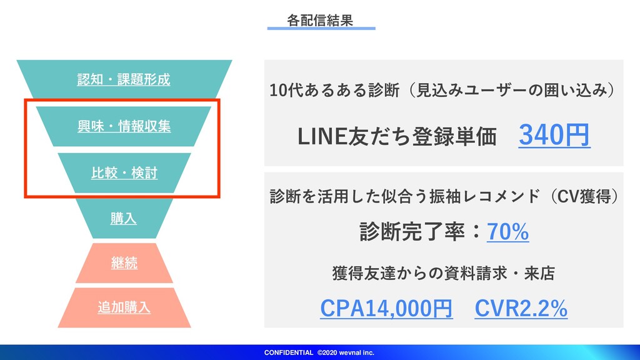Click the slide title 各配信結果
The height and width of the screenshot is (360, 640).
[320, 20]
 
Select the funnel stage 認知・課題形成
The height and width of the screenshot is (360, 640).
[124, 79]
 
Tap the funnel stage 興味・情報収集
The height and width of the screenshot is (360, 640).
[124, 126]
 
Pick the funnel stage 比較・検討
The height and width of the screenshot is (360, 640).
[124, 172]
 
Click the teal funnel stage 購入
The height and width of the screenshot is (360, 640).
[124, 219]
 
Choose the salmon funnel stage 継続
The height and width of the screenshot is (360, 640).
[124, 263]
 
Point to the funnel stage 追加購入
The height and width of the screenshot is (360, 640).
[124, 307]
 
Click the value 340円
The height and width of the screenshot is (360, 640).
[554, 135]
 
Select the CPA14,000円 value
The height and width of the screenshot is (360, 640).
[386, 308]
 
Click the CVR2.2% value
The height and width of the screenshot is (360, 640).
[521, 308]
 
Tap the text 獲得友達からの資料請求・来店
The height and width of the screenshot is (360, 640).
[444, 273]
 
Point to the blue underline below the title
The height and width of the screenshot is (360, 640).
[321, 29]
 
